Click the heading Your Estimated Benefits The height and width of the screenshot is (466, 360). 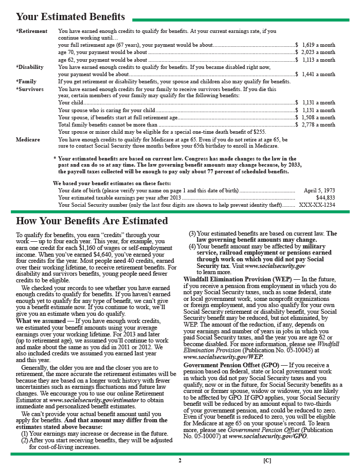pos(70,17)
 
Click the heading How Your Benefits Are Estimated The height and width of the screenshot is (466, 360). pos(92,221)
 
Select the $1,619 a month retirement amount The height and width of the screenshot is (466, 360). pos(318,45)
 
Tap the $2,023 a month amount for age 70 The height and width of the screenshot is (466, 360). pos(318,52)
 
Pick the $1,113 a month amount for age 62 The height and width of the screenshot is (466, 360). pos(318,60)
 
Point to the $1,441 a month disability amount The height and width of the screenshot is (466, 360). pos(318,75)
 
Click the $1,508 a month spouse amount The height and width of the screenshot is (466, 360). pos(318,117)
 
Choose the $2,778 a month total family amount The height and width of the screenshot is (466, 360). pos(318,124)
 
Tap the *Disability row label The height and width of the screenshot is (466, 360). pos(30,67)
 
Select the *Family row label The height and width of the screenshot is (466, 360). pos(26,81)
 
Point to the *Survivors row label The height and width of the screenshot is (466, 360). pos(29,89)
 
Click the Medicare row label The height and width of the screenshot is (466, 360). pos(28,139)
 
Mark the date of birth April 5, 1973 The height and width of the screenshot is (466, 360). pos(319,190)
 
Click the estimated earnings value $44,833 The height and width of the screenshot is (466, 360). pos(326,198)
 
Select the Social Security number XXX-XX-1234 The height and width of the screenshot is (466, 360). pos(317,205)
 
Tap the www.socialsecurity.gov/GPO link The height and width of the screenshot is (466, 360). pos(268,436)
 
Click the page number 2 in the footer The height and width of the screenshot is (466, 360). pos(180,460)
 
